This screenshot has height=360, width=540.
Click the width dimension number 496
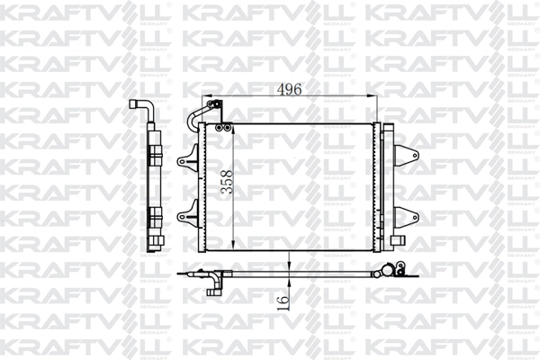click(289, 90)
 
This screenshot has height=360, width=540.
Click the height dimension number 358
click(228, 184)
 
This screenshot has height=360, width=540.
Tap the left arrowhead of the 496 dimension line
click(205, 95)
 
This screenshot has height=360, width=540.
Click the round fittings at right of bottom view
click(390, 268)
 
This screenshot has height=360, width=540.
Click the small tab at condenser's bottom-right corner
click(379, 251)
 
